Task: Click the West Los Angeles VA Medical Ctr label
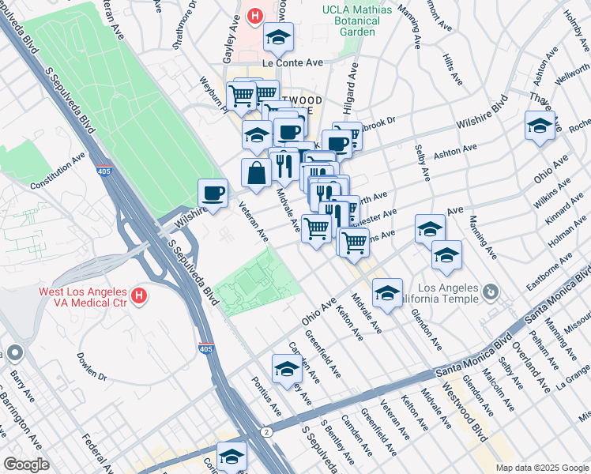tap(83, 297)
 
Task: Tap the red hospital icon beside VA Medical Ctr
tap(140, 297)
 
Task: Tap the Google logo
tap(26, 465)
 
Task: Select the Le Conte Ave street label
tap(293, 63)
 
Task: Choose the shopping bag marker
tap(257, 173)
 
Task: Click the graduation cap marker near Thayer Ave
tap(540, 126)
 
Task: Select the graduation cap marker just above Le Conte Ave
tap(277, 37)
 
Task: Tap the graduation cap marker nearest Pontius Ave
tap(287, 368)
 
